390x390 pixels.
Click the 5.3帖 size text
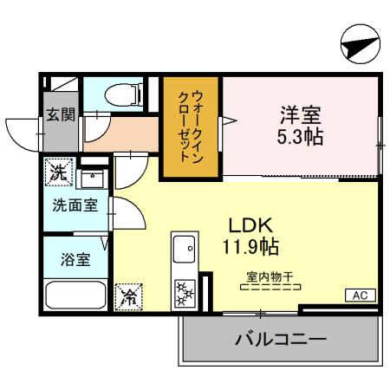[x=301, y=137]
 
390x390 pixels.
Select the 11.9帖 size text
[x=250, y=246]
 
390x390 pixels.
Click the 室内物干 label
[x=269, y=277]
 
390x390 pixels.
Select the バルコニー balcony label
[x=281, y=338]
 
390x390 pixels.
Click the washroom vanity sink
[x=91, y=179]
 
